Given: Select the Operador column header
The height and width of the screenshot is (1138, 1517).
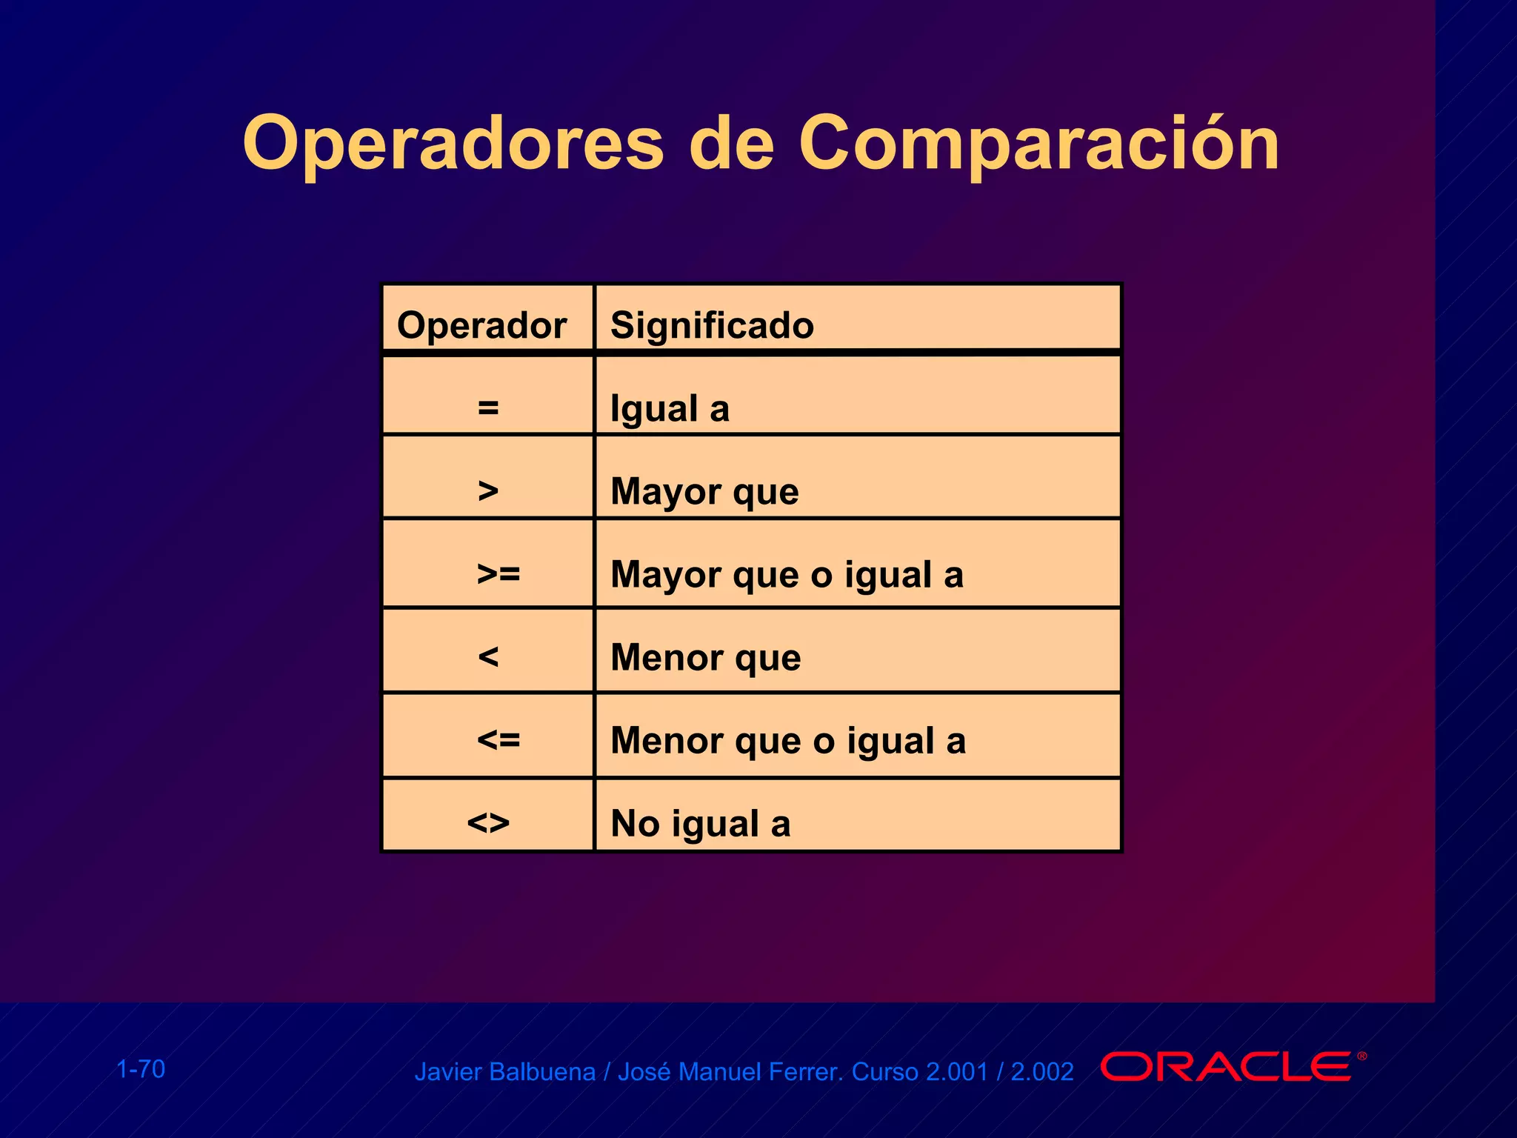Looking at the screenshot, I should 481,325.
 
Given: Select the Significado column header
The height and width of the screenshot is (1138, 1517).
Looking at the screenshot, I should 712,325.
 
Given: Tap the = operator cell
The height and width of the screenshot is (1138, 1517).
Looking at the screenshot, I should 488,407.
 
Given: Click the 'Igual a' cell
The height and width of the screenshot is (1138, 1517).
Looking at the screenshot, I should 670,408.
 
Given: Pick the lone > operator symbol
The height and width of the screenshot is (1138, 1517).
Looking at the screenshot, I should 488,490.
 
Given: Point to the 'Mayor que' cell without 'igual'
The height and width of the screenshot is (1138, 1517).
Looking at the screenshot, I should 704,491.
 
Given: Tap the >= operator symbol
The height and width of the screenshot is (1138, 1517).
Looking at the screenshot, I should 499,573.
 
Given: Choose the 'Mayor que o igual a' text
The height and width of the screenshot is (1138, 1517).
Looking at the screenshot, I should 787,575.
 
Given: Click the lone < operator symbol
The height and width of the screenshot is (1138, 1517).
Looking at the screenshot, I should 488,656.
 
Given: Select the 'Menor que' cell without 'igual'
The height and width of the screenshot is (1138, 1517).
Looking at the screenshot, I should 705,657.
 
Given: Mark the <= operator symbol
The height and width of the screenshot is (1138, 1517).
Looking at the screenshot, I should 499,739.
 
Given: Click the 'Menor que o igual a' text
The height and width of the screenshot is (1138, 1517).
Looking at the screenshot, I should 788,741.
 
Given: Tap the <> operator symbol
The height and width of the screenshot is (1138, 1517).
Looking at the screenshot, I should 488,822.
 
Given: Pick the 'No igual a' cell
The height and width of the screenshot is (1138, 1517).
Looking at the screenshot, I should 700,823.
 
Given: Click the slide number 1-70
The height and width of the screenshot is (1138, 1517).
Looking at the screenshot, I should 141,1069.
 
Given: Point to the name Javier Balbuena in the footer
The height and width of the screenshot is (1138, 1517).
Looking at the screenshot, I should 504,1072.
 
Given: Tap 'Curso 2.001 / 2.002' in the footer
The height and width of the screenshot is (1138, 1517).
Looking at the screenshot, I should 962,1072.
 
